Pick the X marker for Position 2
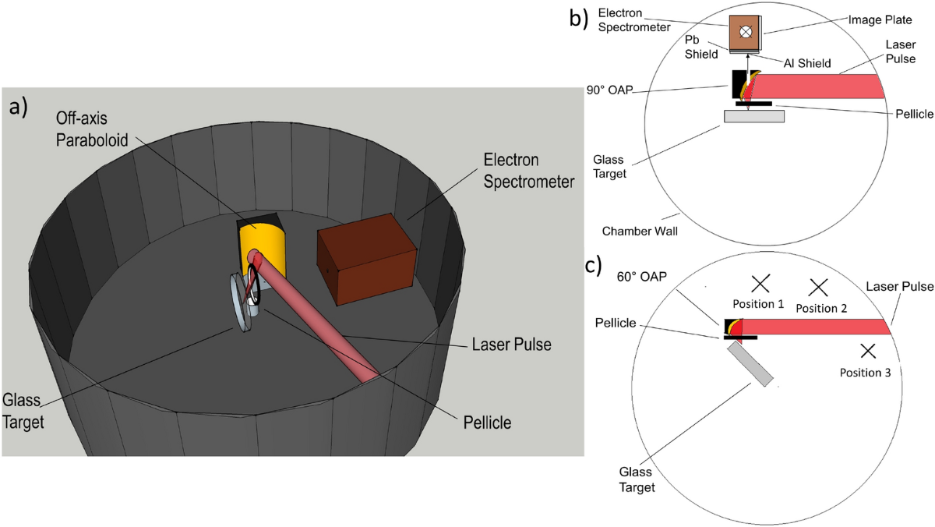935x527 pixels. [x=817, y=288]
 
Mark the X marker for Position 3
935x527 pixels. [x=869, y=351]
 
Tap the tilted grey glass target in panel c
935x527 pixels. [x=751, y=365]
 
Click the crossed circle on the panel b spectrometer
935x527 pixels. [x=746, y=32]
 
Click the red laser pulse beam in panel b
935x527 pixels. [x=818, y=86]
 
